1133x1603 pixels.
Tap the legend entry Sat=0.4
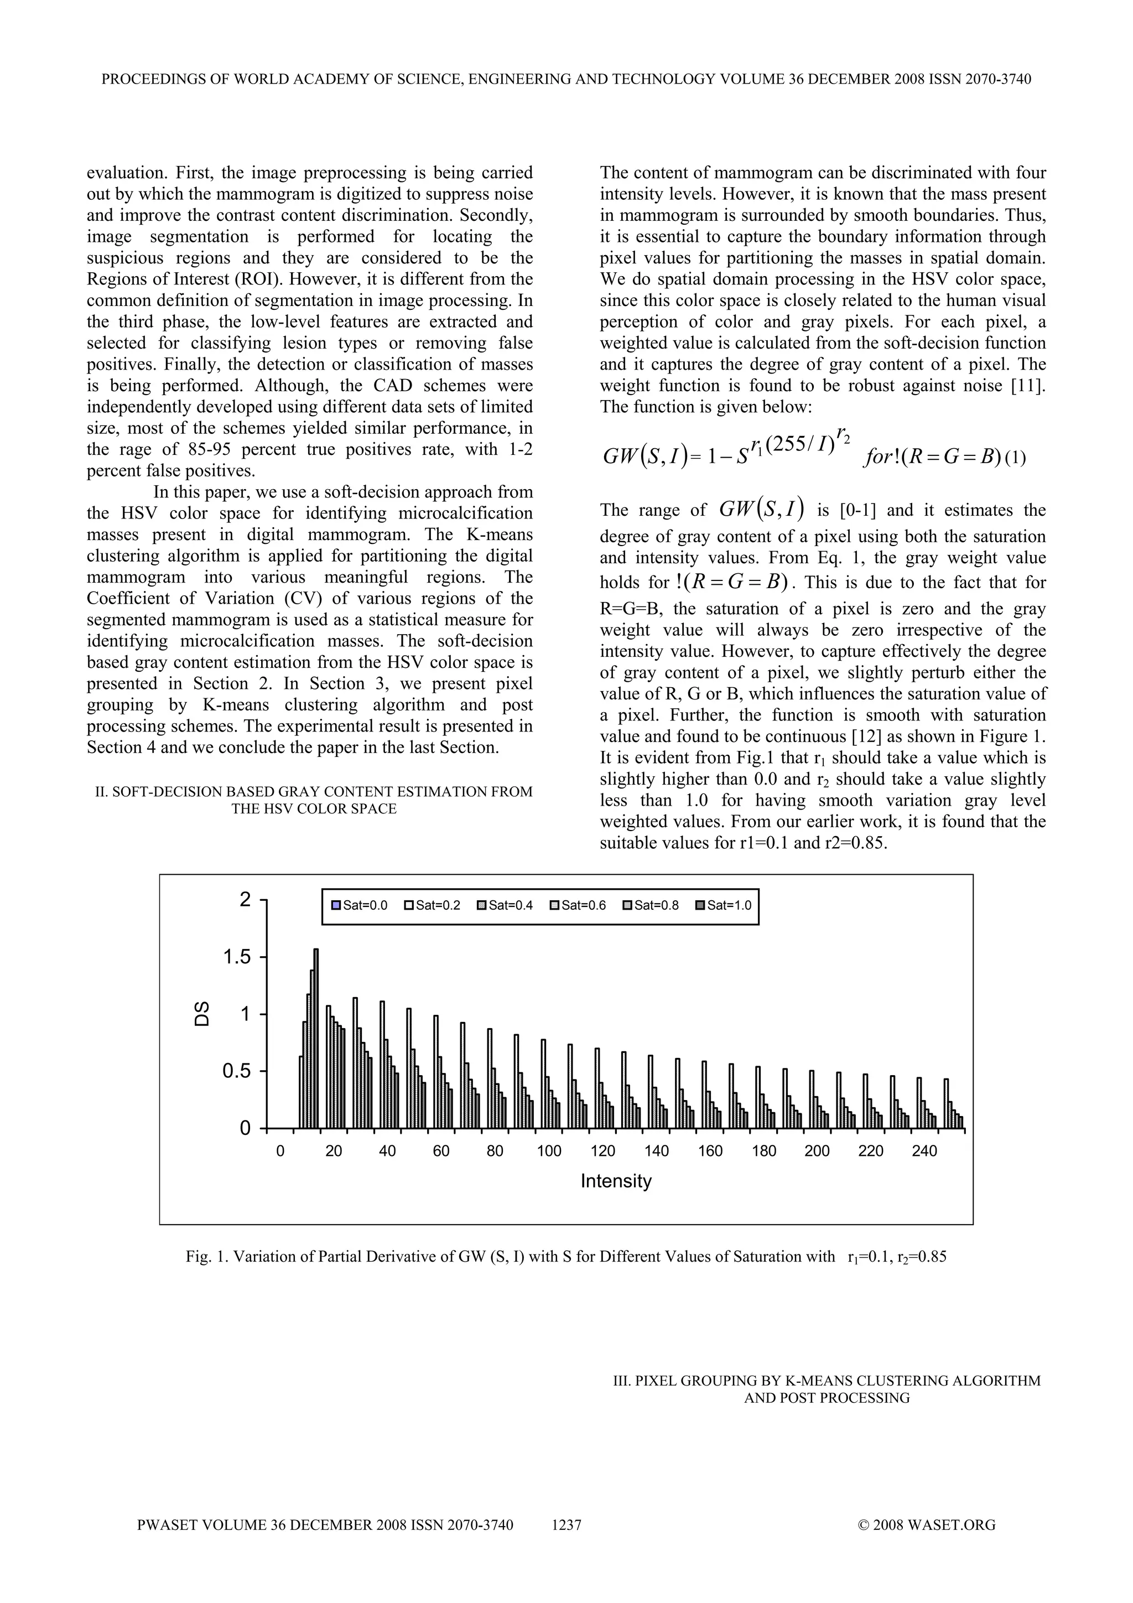505,906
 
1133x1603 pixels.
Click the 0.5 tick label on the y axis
237,1071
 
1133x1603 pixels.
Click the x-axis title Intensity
616,1181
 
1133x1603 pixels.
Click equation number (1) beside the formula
1016,459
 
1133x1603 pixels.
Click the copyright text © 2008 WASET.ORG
926,1526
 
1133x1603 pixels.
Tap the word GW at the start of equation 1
617,458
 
